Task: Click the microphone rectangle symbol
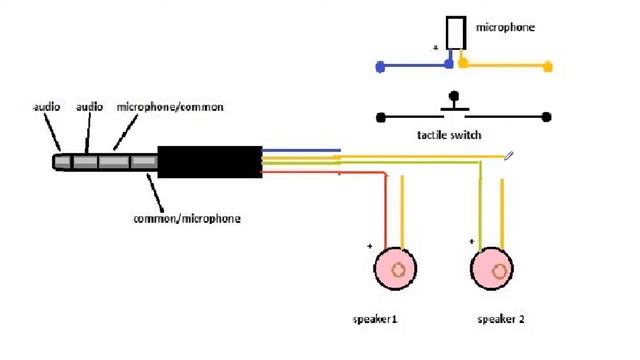pos(456,33)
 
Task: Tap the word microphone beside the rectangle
pos(505,28)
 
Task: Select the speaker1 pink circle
pos(395,269)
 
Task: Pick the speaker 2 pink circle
pos(492,269)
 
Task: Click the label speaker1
pos(375,319)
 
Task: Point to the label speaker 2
pos(501,319)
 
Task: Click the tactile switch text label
pos(449,135)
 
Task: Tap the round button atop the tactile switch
pos(453,97)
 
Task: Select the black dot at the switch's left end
pos(380,118)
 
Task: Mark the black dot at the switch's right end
pos(547,117)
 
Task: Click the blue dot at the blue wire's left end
pos(380,67)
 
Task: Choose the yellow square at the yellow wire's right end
pos(548,67)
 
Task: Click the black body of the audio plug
pos(210,162)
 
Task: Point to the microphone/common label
pos(170,107)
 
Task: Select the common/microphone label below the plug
pos(187,219)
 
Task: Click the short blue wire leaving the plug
pos(301,151)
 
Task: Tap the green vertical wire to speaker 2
pos(480,205)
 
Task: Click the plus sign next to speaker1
pos(369,246)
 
